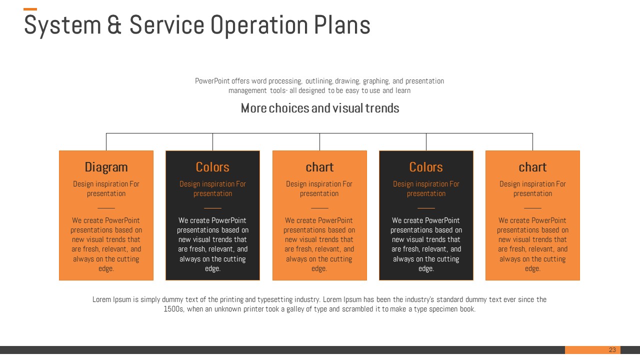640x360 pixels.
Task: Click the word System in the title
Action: coord(62,25)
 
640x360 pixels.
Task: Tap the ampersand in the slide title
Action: coord(114,25)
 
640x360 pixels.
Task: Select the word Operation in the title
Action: coord(259,25)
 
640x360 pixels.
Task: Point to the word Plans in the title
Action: coord(342,25)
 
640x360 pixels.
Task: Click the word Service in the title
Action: coord(167,25)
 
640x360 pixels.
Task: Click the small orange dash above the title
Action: coord(30,9)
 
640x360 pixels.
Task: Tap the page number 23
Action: coord(612,349)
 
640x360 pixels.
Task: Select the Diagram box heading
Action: coord(106,167)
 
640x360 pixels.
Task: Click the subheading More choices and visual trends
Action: coord(319,108)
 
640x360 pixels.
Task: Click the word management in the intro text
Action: coord(247,91)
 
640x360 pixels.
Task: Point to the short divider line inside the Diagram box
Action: coord(106,208)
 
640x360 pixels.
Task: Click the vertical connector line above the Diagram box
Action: coord(106,141)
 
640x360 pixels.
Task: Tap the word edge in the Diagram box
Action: coord(106,268)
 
